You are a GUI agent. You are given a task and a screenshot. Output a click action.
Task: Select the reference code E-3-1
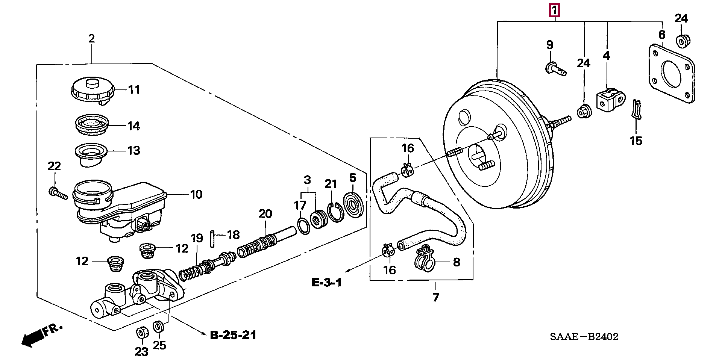click(327, 283)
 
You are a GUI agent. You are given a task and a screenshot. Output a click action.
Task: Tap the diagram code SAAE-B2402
click(584, 337)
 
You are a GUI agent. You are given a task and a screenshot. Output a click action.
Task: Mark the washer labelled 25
click(159, 326)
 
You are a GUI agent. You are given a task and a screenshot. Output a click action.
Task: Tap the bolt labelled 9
click(556, 70)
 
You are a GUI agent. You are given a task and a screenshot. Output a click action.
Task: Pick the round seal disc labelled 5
click(353, 204)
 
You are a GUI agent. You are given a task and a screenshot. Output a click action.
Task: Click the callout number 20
click(265, 214)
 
